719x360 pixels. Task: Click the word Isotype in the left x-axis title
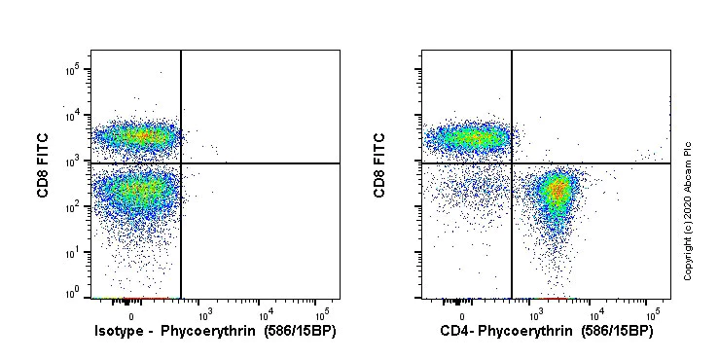(118, 333)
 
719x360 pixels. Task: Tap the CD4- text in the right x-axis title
(458, 333)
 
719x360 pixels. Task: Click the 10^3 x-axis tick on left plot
(204, 313)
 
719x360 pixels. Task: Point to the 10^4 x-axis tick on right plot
(594, 313)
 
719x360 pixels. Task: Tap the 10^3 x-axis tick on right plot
(535, 313)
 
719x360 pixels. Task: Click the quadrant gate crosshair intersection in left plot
(181, 163)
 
